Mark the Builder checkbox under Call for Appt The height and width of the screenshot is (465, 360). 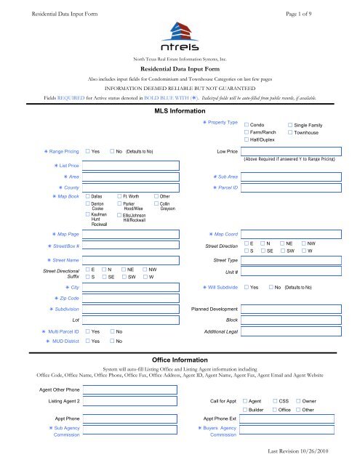244,411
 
